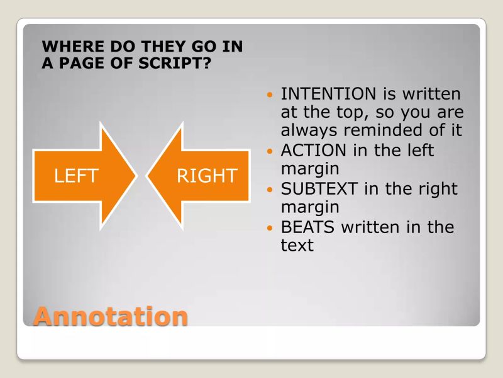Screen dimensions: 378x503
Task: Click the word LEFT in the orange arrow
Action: coord(76,176)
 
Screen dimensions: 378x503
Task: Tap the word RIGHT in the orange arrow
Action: coord(207,176)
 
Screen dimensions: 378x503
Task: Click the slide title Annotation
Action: coord(110,315)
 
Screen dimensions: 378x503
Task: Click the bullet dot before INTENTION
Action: coord(270,96)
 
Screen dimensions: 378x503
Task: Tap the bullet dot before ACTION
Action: coord(270,153)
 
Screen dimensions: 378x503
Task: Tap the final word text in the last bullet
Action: coord(297,244)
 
